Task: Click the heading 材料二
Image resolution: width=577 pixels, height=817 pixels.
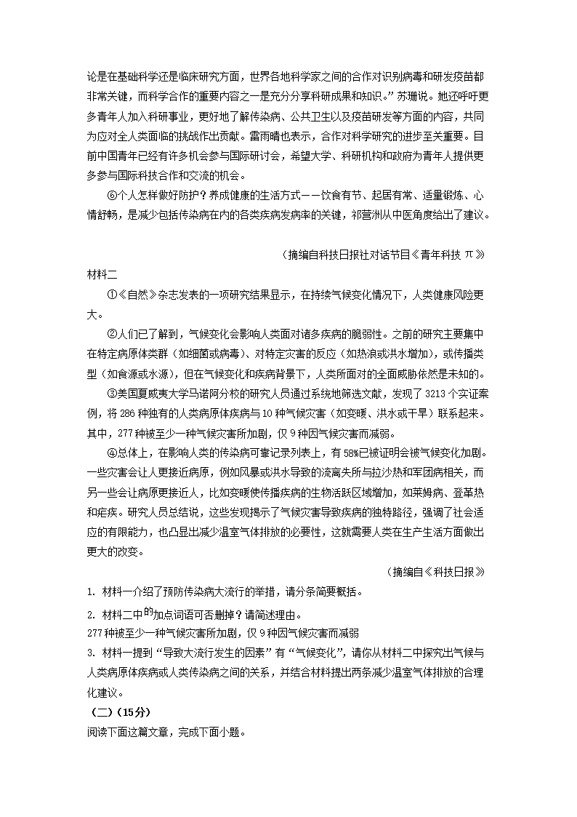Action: (x=102, y=274)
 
